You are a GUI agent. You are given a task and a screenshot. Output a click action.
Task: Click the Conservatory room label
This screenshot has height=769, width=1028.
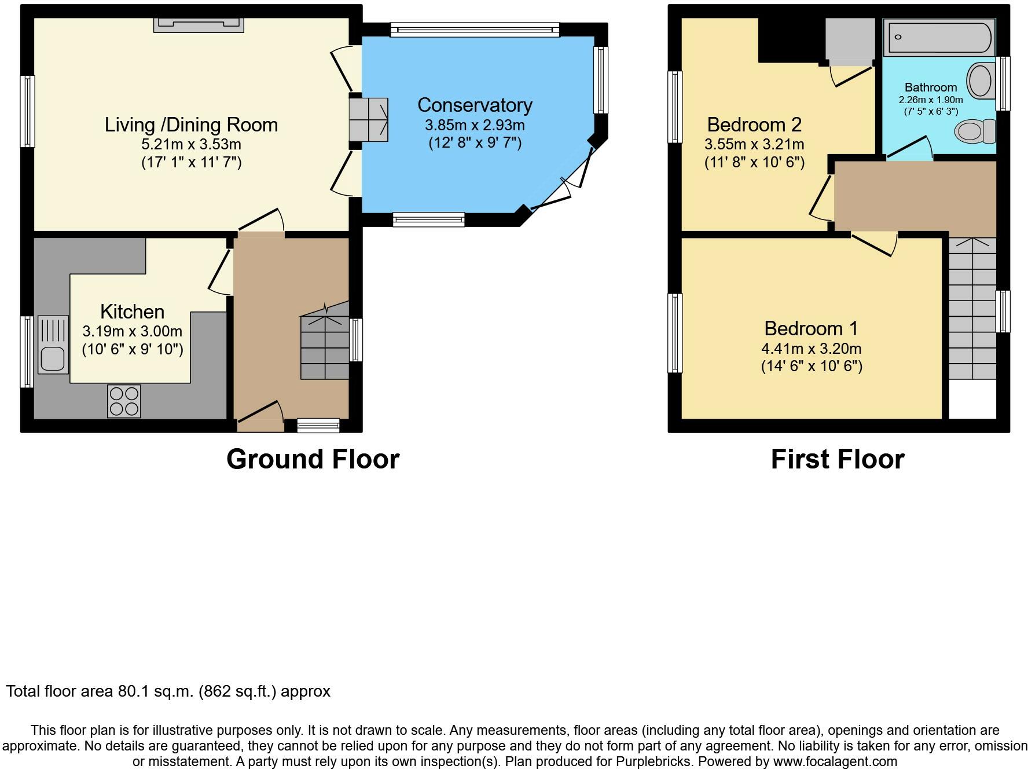click(x=475, y=105)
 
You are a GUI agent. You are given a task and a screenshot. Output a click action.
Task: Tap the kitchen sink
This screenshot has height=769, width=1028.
click(x=53, y=345)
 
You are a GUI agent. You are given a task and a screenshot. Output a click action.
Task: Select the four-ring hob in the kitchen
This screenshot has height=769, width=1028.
click(x=124, y=401)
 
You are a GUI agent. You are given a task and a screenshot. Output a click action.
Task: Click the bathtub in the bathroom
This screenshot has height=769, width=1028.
click(x=938, y=38)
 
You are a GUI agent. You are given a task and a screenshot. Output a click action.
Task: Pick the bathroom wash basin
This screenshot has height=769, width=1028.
click(x=980, y=80)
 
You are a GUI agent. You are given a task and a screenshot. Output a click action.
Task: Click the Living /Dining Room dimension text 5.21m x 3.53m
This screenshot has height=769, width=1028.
click(x=191, y=144)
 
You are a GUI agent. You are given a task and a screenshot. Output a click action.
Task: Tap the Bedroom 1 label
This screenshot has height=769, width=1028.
click(x=811, y=328)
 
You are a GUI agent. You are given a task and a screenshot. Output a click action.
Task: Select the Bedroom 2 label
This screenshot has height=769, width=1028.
click(x=754, y=124)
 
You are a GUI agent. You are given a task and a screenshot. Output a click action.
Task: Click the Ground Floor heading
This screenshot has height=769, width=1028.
click(x=313, y=459)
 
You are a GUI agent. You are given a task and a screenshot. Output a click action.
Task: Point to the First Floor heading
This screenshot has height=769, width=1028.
click(x=838, y=459)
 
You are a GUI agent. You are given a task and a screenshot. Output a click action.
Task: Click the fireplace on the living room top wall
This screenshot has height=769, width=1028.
click(x=199, y=24)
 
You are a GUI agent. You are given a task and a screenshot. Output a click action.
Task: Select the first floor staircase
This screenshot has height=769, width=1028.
click(x=972, y=308)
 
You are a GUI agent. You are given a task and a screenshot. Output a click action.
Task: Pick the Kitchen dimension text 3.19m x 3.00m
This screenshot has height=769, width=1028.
click(x=133, y=331)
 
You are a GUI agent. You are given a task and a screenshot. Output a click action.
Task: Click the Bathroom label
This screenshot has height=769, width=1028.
click(x=931, y=87)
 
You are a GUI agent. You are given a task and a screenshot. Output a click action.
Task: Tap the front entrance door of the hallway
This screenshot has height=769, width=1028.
click(x=260, y=416)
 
